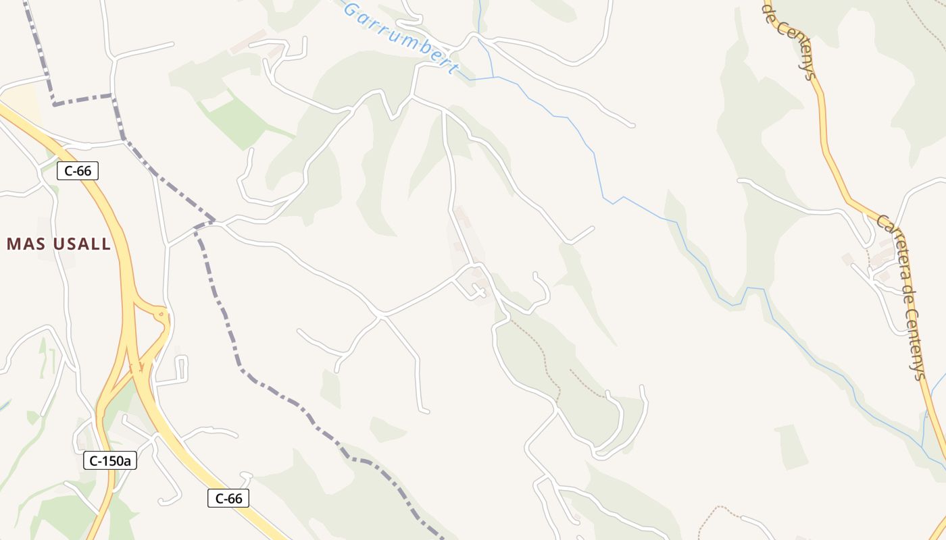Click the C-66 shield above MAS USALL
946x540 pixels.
click(x=78, y=171)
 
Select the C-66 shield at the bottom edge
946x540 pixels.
click(x=228, y=499)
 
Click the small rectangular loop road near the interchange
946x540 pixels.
click(x=181, y=368)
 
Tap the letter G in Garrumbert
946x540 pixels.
click(x=351, y=10)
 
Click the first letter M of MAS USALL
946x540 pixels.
click(x=13, y=244)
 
